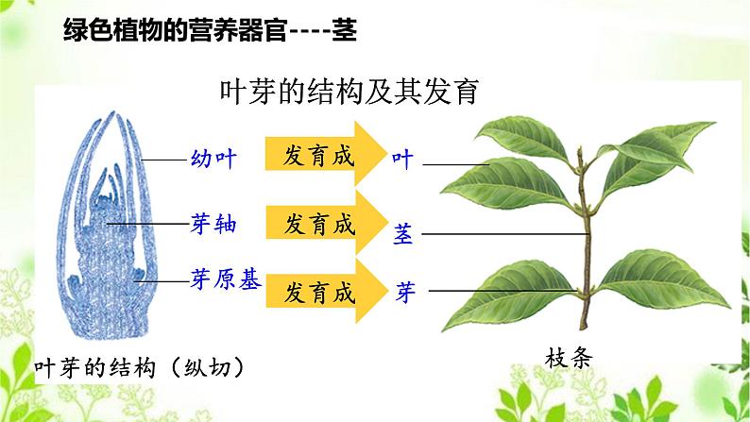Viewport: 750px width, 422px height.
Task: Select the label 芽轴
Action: pyautogui.click(x=213, y=225)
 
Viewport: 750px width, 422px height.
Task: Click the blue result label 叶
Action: pyautogui.click(x=402, y=159)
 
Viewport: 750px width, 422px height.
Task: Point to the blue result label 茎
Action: pyautogui.click(x=403, y=233)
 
